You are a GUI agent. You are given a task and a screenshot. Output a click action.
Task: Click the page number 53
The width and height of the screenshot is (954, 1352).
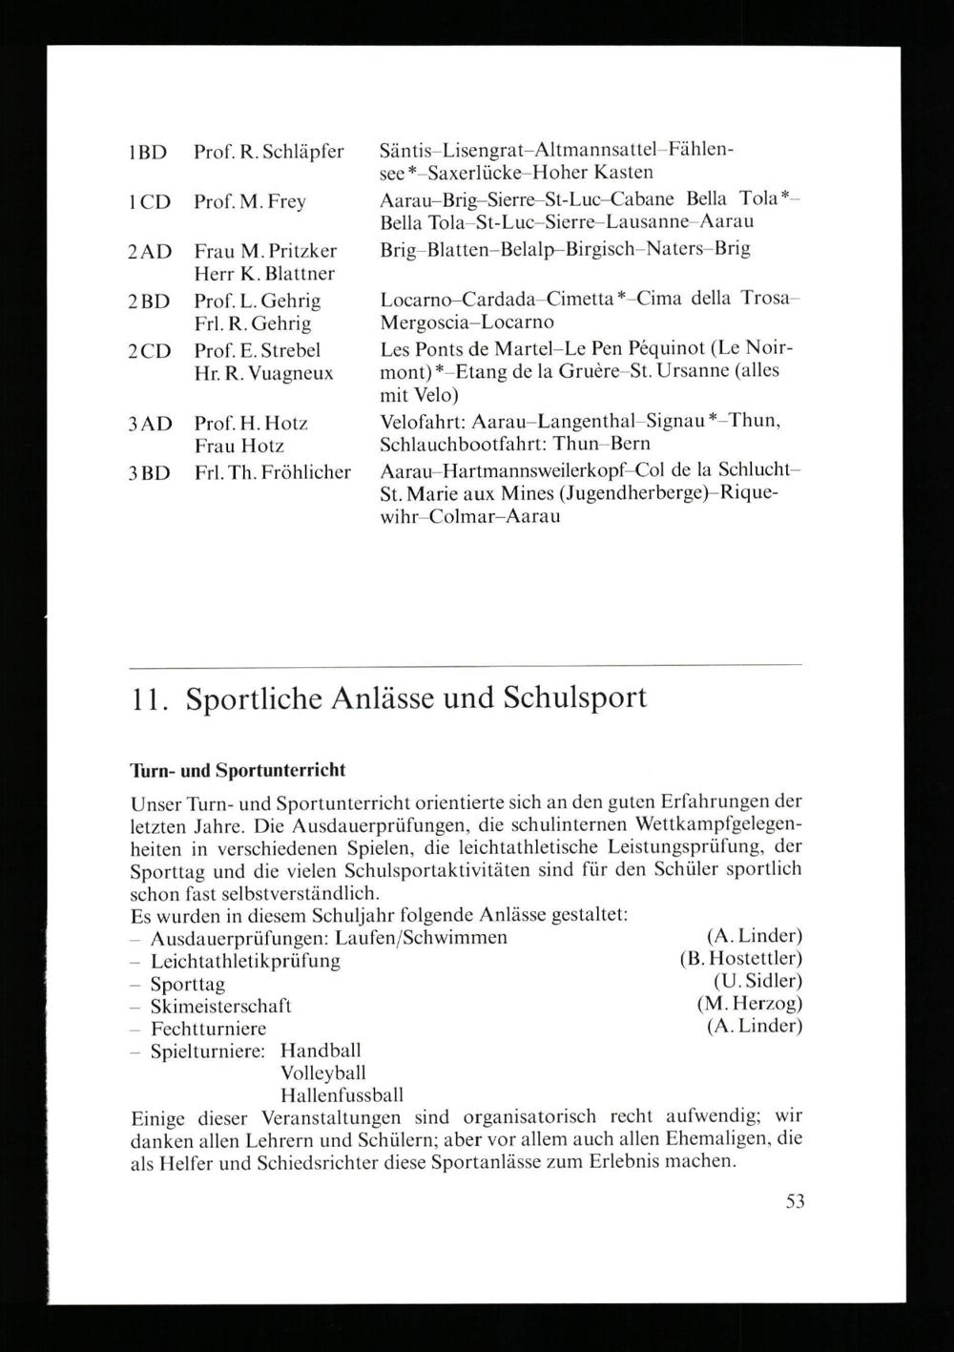795,1202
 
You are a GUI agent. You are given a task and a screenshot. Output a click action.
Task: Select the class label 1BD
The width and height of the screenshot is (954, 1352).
148,153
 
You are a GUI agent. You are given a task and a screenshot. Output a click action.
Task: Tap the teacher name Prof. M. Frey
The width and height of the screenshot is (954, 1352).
250,202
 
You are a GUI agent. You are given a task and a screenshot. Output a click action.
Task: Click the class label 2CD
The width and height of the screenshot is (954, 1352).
149,350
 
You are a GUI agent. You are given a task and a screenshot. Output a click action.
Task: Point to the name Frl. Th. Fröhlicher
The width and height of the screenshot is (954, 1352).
273,472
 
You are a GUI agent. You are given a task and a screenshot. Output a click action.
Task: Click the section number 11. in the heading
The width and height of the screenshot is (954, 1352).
150,698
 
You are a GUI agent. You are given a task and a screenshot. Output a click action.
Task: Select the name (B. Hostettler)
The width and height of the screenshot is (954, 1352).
740,958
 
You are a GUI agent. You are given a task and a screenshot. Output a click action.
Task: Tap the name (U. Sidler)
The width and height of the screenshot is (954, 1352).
757,981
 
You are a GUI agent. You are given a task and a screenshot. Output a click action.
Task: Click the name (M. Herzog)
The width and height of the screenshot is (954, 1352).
749,1004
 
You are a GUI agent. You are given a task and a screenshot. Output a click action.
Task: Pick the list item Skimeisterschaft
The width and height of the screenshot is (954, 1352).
220,1006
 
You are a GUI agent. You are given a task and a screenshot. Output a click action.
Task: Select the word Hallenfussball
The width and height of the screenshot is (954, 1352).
342,1095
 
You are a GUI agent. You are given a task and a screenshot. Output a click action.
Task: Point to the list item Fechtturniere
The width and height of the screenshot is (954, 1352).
208,1029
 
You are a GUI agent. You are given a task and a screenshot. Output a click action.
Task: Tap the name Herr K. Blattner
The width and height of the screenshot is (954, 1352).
264,274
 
